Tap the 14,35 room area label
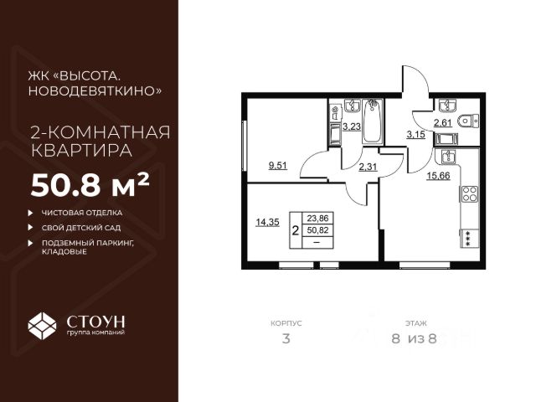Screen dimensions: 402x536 click(267, 223)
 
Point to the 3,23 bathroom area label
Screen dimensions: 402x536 click(352, 127)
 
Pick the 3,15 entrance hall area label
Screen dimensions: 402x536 click(416, 134)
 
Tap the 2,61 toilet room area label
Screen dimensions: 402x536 click(445, 123)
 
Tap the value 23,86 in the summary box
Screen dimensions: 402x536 click(317, 215)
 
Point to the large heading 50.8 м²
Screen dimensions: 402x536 click(90, 183)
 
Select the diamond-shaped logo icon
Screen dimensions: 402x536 click(43, 325)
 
